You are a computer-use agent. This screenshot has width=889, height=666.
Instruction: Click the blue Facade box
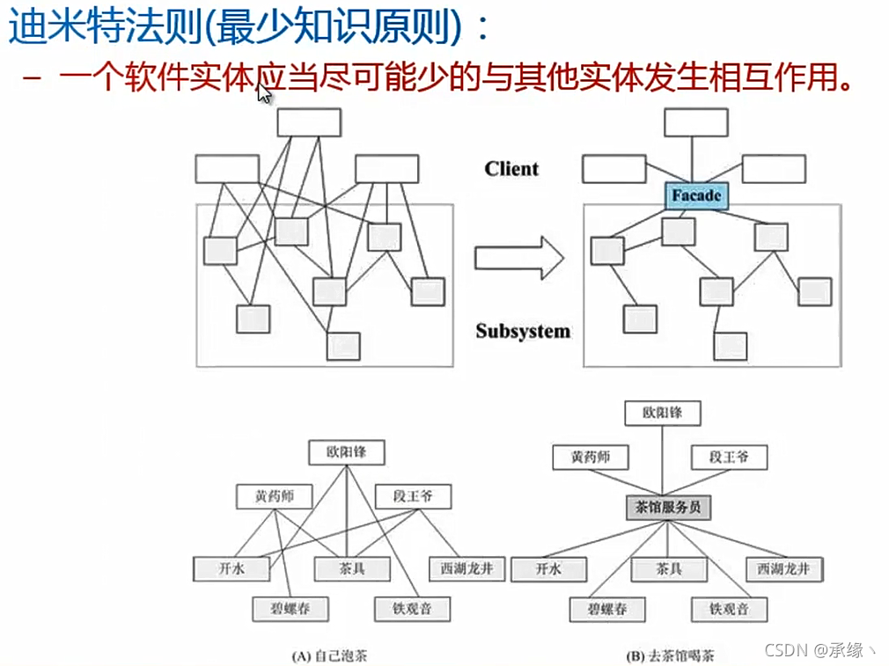click(695, 195)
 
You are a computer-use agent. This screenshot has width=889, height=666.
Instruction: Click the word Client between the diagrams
click(511, 169)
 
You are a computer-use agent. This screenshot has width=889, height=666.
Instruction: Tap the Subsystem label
click(523, 331)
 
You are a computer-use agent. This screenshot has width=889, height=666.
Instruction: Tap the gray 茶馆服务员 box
click(667, 507)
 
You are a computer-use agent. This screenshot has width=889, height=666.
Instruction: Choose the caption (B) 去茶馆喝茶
click(669, 655)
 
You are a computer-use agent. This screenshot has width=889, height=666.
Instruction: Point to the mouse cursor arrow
click(263, 92)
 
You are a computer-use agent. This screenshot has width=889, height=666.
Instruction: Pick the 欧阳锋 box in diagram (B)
click(661, 412)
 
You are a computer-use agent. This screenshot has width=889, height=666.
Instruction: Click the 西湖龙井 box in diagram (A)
click(467, 568)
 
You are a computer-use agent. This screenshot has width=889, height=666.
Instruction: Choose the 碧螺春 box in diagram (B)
click(606, 608)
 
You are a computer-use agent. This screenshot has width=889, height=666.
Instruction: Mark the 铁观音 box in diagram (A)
click(412, 608)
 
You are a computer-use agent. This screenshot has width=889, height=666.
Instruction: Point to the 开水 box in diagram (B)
click(549, 569)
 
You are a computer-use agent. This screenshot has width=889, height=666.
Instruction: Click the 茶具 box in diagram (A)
click(351, 568)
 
